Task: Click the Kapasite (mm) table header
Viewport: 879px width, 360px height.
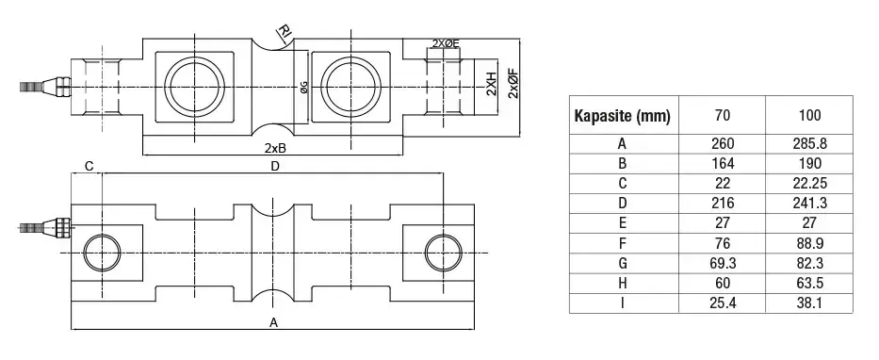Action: (x=622, y=116)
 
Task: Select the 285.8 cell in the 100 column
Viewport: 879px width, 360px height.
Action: (x=810, y=143)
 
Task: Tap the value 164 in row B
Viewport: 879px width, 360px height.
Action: (x=722, y=163)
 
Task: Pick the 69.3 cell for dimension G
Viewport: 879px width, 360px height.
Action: (x=722, y=263)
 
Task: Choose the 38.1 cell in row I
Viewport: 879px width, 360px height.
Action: (x=810, y=303)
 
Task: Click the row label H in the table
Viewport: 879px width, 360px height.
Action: (x=622, y=283)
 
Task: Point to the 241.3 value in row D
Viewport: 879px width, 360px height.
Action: (x=810, y=203)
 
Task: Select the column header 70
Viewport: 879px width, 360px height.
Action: (x=722, y=116)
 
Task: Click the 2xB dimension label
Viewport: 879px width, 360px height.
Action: (x=276, y=148)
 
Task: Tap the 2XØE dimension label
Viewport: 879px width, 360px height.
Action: (x=446, y=43)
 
